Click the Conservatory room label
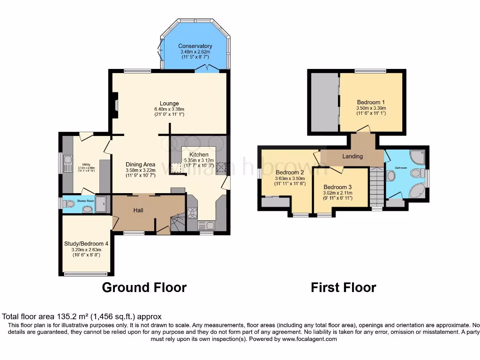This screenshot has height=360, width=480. tap(195, 46)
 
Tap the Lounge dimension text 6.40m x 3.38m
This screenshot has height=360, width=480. tap(169, 110)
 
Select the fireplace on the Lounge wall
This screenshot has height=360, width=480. tap(114, 103)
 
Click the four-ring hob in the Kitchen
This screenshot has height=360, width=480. tap(192, 213)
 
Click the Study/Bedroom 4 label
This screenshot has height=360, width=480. tap(86, 243)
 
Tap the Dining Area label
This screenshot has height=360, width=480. tap(140, 164)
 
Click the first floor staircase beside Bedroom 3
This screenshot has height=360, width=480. tap(376, 187)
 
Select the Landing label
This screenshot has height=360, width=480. tap(352, 156)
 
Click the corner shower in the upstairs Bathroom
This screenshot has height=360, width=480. tap(417, 156)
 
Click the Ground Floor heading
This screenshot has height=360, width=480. tap(144, 287)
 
